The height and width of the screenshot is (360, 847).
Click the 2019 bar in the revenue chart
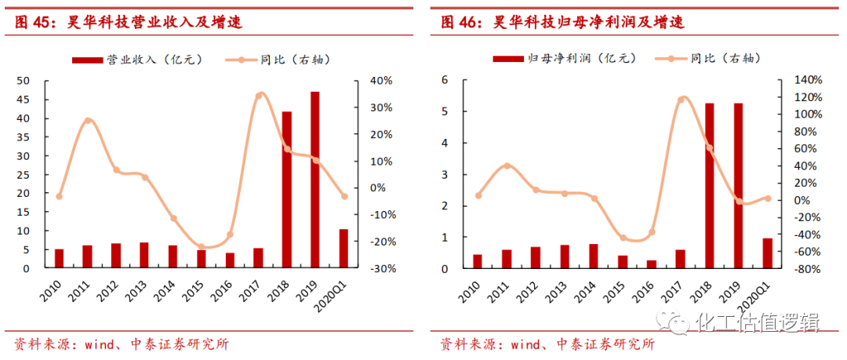[314, 180]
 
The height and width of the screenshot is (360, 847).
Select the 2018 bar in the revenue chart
[286, 190]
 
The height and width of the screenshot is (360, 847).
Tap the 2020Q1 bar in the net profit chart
[767, 253]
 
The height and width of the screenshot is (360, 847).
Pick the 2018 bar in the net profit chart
[709, 186]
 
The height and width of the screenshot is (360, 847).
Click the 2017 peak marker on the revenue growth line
[260, 96]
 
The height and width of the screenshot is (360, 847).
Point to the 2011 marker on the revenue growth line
[87, 121]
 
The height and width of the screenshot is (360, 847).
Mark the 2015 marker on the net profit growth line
[623, 238]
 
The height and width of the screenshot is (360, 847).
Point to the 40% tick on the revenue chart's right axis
[380, 81]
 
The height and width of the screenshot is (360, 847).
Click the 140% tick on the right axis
[807, 80]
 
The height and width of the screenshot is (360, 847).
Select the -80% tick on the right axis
[807, 269]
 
